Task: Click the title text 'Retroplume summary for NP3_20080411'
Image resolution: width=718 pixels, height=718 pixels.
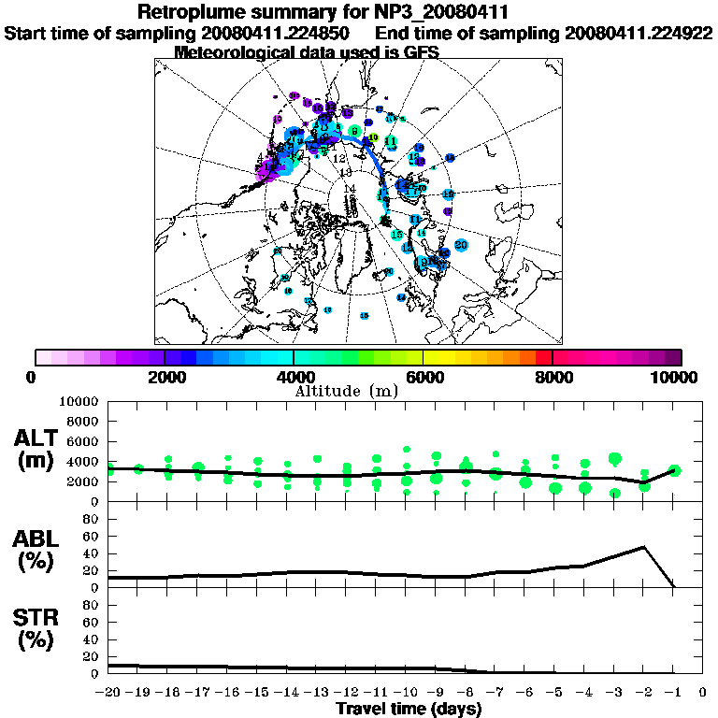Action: point(323,13)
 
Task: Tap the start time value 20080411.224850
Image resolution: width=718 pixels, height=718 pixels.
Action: point(277,33)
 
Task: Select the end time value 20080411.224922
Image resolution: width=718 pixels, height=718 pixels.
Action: point(639,33)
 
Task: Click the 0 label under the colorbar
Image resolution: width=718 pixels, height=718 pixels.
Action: point(33,377)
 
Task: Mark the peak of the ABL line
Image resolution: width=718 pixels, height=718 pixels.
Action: point(644,547)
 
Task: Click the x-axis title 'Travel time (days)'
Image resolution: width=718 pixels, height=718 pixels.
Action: point(409,709)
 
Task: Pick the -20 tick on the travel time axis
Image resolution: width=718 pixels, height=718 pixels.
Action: point(108,693)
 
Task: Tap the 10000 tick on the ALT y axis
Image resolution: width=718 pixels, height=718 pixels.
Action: point(82,401)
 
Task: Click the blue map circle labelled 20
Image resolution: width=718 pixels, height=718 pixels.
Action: point(461,245)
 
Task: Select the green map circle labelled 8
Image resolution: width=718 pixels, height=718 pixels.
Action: point(355,131)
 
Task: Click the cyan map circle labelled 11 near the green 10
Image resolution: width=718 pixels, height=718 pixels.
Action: point(391,142)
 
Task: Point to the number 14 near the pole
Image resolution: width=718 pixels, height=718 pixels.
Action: point(351,189)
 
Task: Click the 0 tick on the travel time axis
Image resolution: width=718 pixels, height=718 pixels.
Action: point(703,693)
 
